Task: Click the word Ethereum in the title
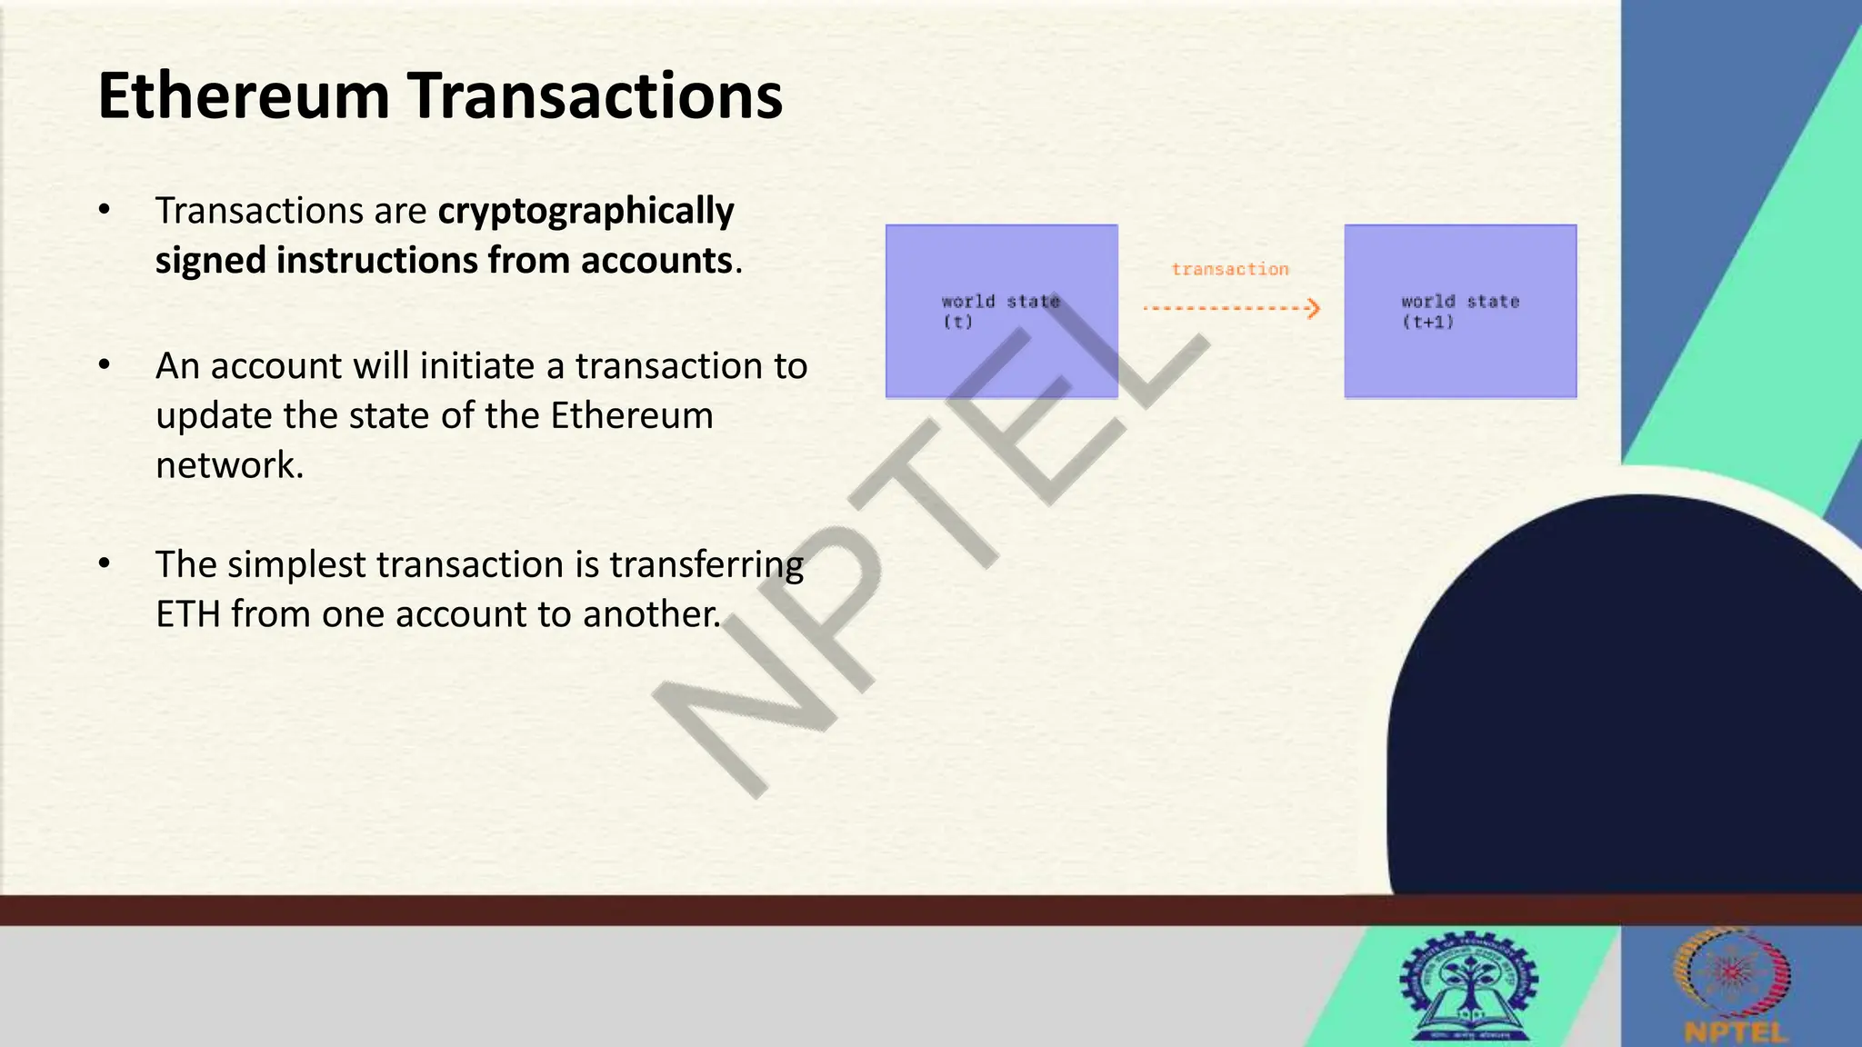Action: click(x=243, y=96)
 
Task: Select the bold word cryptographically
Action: click(x=586, y=211)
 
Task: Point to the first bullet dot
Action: click(x=105, y=210)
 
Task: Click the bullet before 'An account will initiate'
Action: click(x=105, y=365)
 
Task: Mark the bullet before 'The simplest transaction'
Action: click(x=105, y=563)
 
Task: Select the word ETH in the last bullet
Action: click(x=188, y=614)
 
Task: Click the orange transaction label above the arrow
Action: click(x=1229, y=269)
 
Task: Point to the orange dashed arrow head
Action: click(x=1313, y=309)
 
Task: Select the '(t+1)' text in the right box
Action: click(x=1427, y=322)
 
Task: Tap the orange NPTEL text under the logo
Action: click(x=1735, y=1032)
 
